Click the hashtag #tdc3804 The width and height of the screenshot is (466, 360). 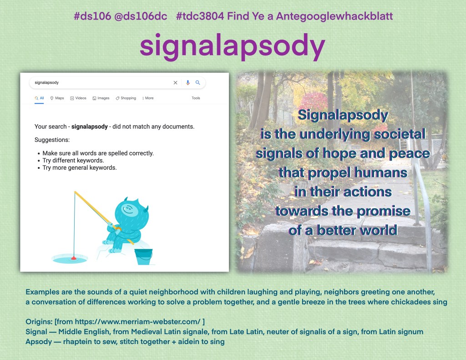click(199, 17)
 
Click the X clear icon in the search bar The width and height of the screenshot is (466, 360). click(175, 83)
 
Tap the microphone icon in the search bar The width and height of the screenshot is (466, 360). click(187, 83)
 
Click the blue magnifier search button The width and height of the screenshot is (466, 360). click(198, 83)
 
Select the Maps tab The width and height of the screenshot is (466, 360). click(57, 98)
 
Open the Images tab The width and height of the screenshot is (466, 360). click(101, 98)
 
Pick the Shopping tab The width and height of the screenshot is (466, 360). click(126, 98)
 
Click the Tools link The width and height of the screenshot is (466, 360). click(196, 98)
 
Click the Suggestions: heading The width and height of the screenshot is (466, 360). click(52, 140)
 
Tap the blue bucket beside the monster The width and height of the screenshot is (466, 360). click(144, 256)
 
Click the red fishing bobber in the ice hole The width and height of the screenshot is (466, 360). click(73, 258)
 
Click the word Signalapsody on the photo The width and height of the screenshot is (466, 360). click(342, 115)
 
